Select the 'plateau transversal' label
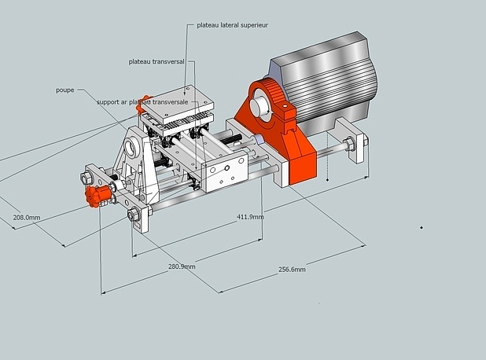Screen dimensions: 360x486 pyautogui.click(x=157, y=61)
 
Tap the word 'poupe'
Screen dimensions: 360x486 pyautogui.click(x=64, y=90)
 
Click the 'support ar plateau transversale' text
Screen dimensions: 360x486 pyautogui.click(x=142, y=102)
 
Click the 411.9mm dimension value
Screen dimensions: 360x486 pyautogui.click(x=250, y=217)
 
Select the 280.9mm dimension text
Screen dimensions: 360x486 pyautogui.click(x=182, y=266)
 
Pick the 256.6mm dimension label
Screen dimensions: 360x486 pyautogui.click(x=292, y=270)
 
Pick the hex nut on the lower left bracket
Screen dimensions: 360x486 pyautogui.click(x=132, y=215)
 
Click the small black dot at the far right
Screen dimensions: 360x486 pyautogui.click(x=422, y=228)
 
